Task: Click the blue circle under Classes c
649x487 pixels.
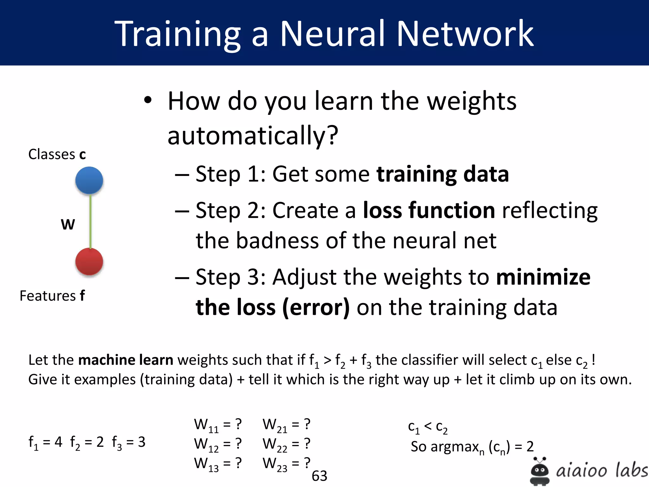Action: [x=89, y=180]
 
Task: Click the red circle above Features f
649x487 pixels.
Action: [x=89, y=262]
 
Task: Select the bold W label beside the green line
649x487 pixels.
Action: [x=68, y=224]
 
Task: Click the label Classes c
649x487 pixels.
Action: [x=57, y=154]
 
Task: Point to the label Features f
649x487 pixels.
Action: [x=52, y=296]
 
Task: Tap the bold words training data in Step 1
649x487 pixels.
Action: [x=442, y=174]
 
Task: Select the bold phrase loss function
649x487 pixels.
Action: [x=429, y=210]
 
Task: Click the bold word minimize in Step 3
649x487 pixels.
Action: [x=543, y=277]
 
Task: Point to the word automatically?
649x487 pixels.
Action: [x=253, y=135]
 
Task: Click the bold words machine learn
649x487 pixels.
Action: [x=125, y=360]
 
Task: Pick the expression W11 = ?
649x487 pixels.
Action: [x=218, y=425]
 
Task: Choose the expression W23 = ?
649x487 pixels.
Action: [x=286, y=464]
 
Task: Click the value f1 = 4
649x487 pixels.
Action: [x=45, y=442]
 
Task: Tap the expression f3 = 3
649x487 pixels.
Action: [x=129, y=442]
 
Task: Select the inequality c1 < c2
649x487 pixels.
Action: [x=427, y=427]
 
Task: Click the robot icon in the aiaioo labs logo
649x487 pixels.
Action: [x=539, y=471]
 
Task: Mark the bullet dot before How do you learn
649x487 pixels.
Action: [x=148, y=101]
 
